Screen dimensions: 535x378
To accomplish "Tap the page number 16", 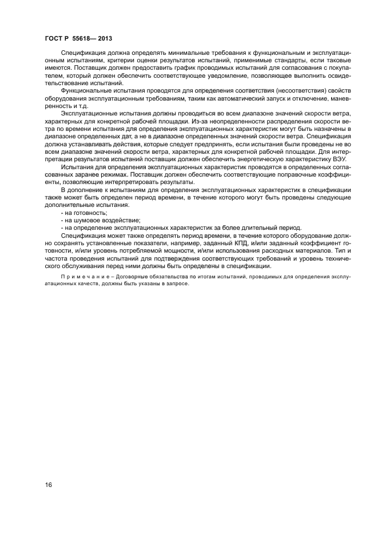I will tap(49, 485).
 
